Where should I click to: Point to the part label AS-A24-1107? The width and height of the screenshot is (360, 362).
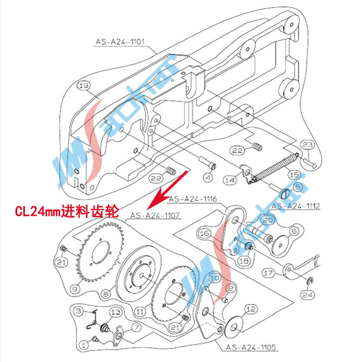click(155, 216)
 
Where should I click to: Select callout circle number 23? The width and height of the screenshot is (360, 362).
click(308, 145)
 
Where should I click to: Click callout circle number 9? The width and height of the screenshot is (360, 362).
click(74, 289)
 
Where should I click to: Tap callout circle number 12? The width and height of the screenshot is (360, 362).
click(251, 310)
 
